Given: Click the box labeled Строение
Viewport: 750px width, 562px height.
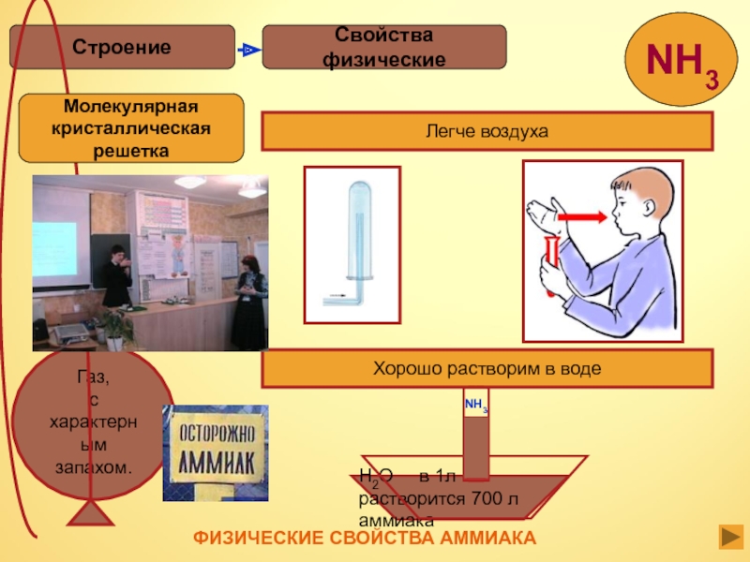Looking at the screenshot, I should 122,47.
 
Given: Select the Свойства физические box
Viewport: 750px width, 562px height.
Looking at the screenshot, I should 383,47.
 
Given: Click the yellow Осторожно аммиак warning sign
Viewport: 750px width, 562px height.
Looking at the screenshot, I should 215,452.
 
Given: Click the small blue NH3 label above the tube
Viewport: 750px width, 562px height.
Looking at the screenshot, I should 475,406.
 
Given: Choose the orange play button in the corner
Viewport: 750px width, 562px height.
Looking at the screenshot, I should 730,537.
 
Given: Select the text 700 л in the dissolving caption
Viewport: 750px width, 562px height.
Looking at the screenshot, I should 493,497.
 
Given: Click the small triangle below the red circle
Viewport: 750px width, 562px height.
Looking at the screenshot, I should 92,516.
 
